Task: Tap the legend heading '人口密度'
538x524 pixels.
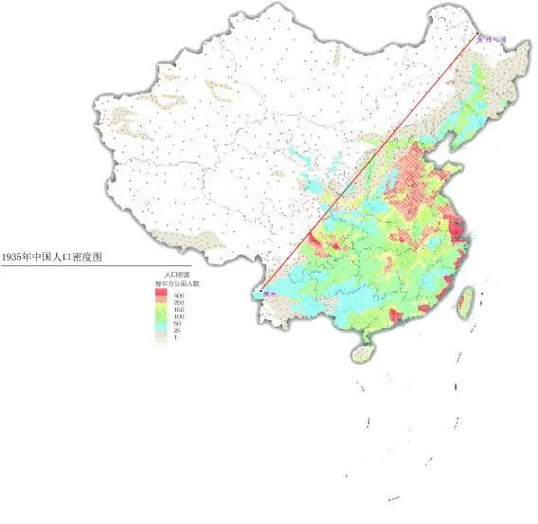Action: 177,275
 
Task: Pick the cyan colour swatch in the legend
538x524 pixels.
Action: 161,323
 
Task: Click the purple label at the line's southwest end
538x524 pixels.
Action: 270,295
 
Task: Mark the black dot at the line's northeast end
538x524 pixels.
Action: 475,35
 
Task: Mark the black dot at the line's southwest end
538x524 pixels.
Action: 261,288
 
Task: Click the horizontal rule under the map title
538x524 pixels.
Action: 76,265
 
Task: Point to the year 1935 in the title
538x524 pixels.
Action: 13,257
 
